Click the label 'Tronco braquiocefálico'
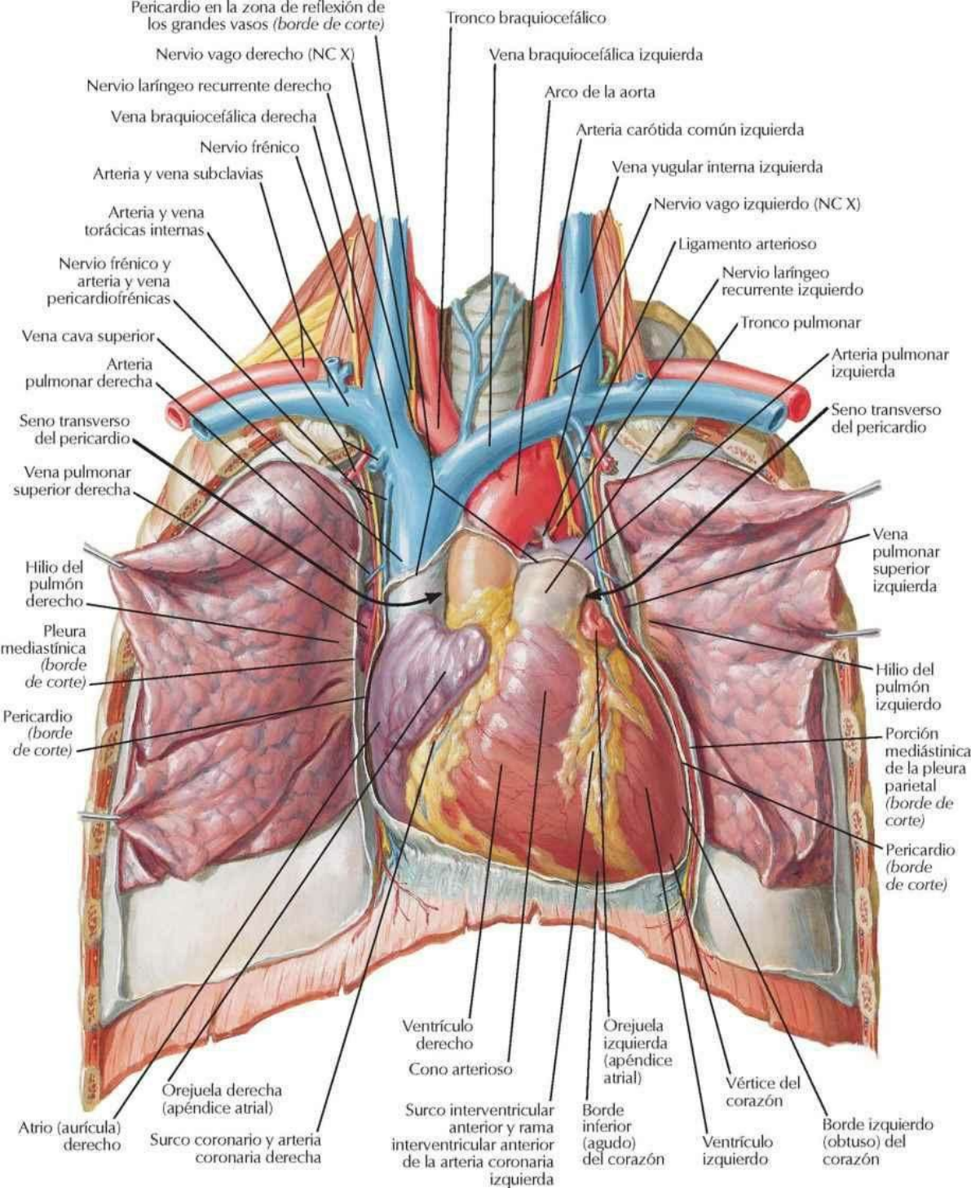tap(526, 17)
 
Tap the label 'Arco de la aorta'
tap(599, 92)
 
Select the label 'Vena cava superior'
tap(88, 336)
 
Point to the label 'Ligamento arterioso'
tap(747, 243)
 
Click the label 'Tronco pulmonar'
tap(800, 323)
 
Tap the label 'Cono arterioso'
tap(460, 1068)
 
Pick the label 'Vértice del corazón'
tap(762, 1092)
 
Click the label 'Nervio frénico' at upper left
tap(249, 148)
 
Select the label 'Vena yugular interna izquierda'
tap(717, 167)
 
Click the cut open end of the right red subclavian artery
tap(174, 415)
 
